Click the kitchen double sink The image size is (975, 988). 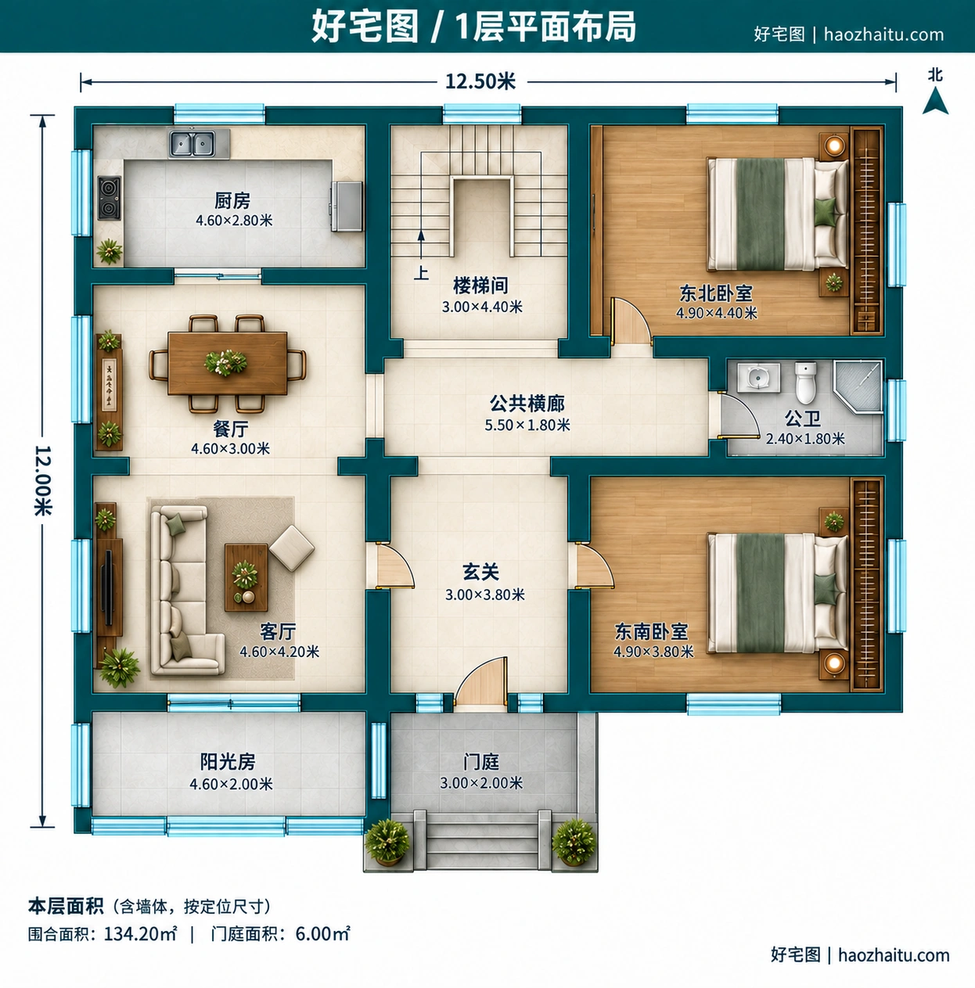point(192,143)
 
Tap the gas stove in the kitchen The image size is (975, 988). point(110,197)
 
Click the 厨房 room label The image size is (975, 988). point(232,200)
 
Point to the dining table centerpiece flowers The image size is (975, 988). point(225,362)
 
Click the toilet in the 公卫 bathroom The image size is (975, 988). point(805,383)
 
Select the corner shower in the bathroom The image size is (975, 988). point(857,386)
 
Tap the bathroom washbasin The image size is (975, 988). point(758,378)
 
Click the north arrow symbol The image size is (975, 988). point(935,100)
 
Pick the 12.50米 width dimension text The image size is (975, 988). point(480,81)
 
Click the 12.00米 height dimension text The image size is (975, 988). point(43,480)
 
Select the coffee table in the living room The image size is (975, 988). point(246,577)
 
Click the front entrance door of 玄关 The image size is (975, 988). point(481,682)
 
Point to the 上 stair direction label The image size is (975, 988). point(421,273)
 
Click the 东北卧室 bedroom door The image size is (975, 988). point(631,322)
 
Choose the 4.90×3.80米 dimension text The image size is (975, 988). point(653,652)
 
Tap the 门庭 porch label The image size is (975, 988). point(481,762)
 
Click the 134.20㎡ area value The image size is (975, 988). point(141,934)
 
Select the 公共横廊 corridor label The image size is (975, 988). point(527,404)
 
